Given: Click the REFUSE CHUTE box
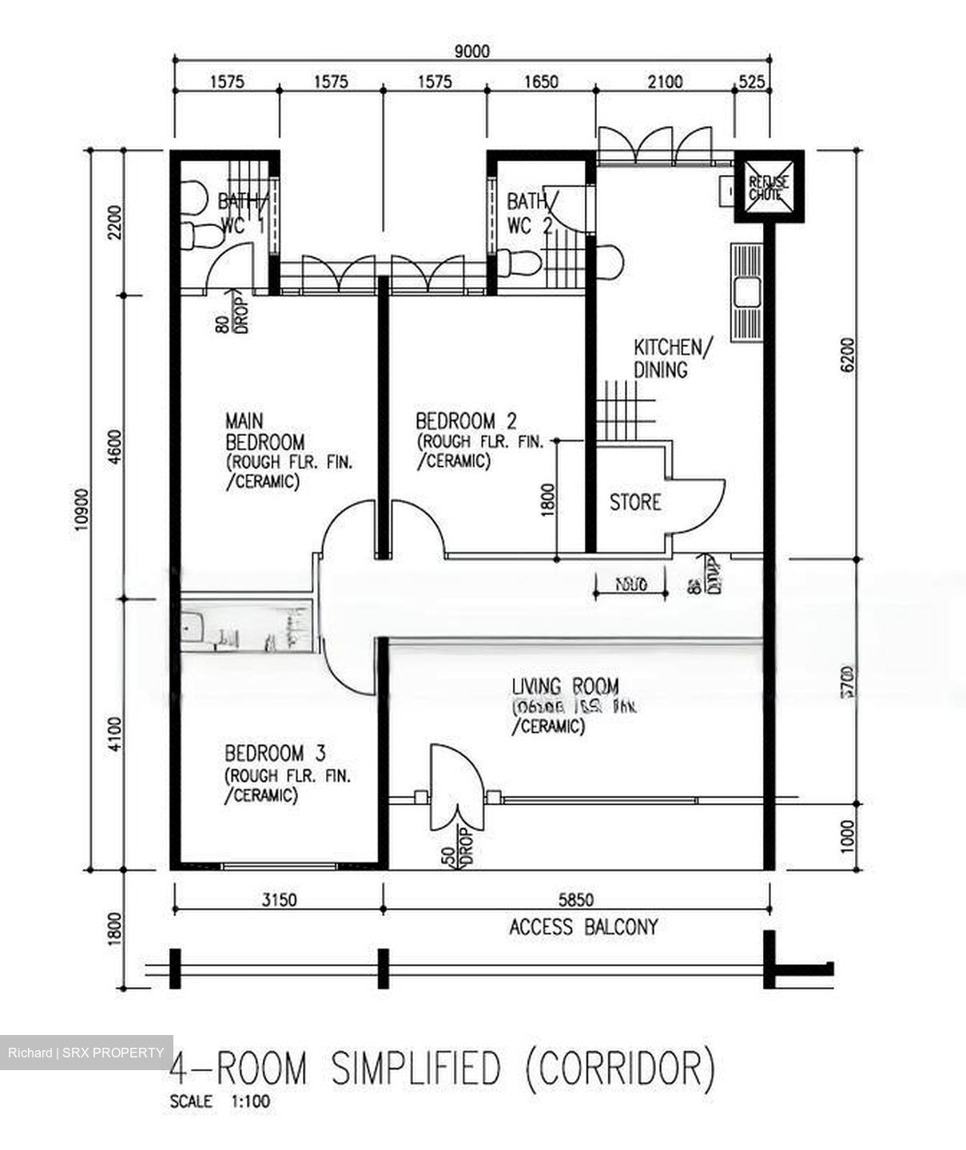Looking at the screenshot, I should click(768, 188).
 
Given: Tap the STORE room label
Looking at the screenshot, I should click(635, 502).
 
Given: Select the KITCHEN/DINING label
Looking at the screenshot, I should click(670, 359).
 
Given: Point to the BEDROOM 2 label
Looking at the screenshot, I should click(466, 421).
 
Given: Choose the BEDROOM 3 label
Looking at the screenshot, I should click(275, 753).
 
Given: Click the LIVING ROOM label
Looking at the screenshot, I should click(565, 686).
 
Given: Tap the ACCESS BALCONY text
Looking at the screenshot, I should click(583, 927).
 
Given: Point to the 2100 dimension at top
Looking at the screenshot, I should click(665, 81).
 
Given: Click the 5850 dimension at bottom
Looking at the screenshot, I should click(575, 900).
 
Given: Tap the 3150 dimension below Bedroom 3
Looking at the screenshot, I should click(279, 900).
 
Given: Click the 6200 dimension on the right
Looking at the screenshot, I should click(848, 354).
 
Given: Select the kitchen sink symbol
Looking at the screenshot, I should click(748, 290).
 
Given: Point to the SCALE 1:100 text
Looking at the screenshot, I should click(220, 1102).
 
